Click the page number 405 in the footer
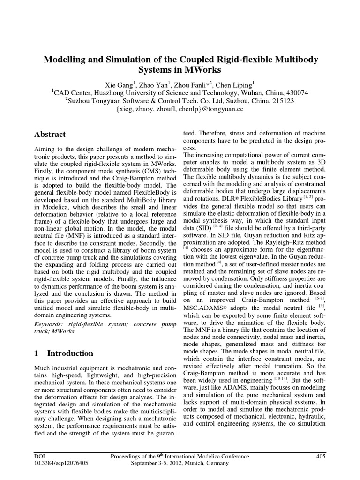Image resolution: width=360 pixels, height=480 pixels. [x=321, y=456]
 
